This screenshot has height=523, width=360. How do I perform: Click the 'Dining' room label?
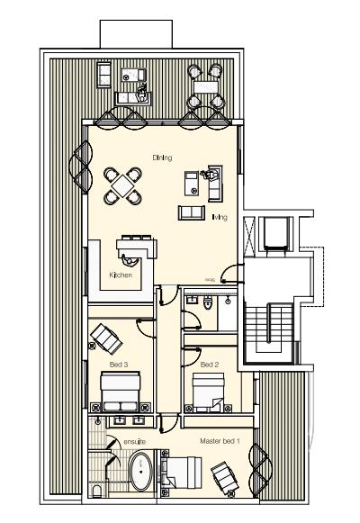(x=162, y=158)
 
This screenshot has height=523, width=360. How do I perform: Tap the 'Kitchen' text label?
(x=121, y=275)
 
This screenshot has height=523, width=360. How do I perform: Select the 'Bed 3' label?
(x=118, y=364)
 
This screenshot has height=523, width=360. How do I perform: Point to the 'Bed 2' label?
(x=209, y=364)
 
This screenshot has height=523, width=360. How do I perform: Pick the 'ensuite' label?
(x=112, y=441)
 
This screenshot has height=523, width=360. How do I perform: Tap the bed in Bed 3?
(x=121, y=392)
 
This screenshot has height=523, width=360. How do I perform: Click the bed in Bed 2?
(x=212, y=390)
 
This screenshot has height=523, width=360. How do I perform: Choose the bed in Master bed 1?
(x=184, y=471)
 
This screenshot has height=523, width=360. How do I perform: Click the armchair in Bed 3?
(x=106, y=339)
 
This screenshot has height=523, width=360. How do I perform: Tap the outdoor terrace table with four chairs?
(x=204, y=87)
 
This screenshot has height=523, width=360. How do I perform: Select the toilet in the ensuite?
(x=95, y=491)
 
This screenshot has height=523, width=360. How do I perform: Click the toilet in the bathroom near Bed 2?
(x=209, y=303)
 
